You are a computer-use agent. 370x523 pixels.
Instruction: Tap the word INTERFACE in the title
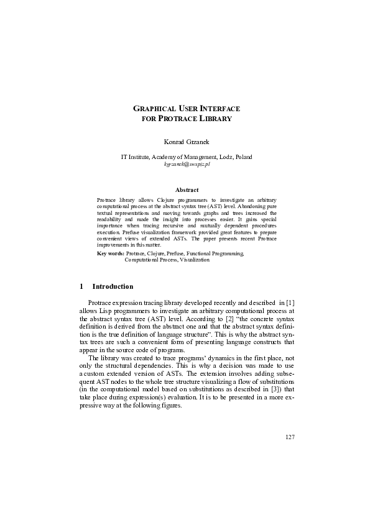pyautogui.click(x=217, y=109)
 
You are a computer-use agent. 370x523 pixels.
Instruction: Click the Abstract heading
pyautogui.click(x=187, y=189)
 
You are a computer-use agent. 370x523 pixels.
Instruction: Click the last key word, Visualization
pyautogui.click(x=195, y=260)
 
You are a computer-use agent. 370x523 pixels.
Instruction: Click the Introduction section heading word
pyautogui.click(x=113, y=287)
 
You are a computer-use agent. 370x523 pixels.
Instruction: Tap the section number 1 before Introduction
pyautogui.click(x=81, y=287)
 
